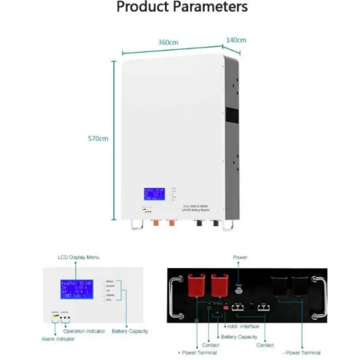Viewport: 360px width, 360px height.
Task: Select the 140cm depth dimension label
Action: [x=236, y=40]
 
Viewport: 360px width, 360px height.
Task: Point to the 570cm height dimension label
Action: [x=98, y=139]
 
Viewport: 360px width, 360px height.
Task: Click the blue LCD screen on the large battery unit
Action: [x=154, y=194]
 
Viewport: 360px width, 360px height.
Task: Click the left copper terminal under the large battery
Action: [x=157, y=225]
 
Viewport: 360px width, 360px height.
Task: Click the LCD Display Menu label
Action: [x=79, y=257]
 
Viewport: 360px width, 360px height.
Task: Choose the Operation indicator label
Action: [x=85, y=331]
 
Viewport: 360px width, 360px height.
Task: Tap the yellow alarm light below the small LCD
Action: [x=55, y=319]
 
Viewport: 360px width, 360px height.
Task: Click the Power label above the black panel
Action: [x=240, y=257]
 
